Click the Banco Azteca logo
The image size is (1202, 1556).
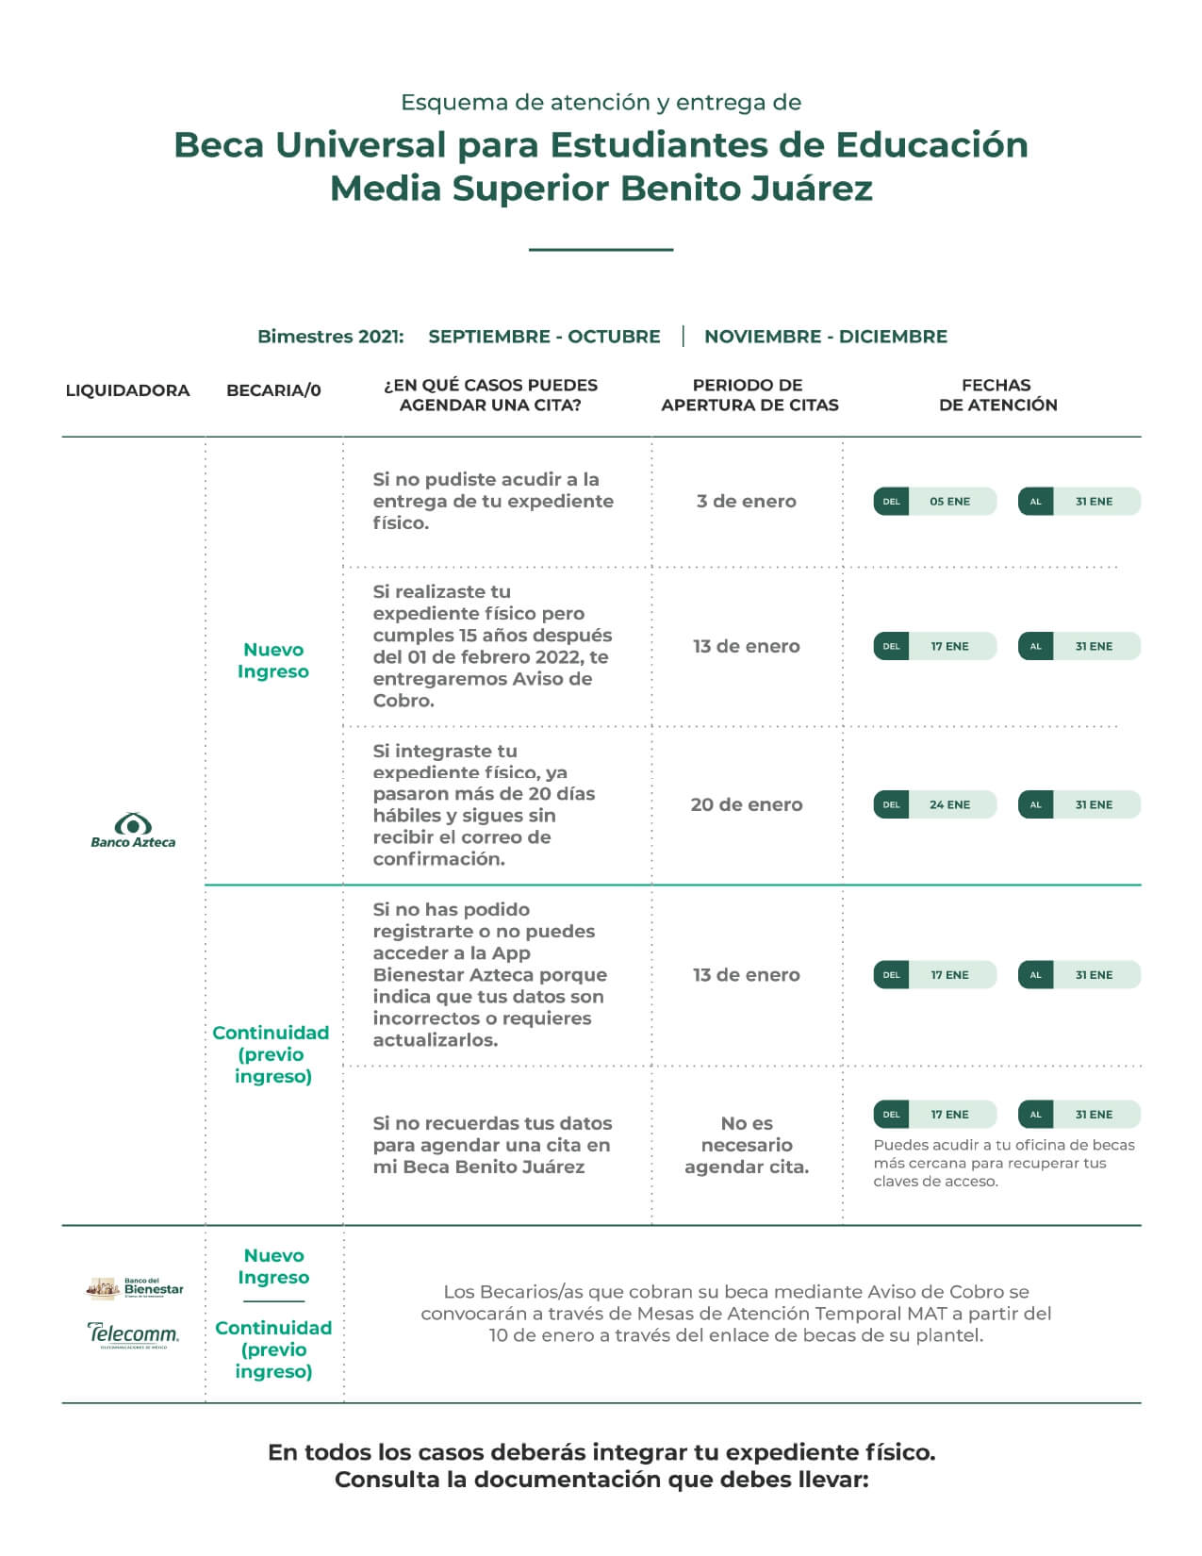point(132,831)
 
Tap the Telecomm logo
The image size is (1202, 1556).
point(132,1335)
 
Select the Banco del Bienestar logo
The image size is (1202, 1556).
point(134,1288)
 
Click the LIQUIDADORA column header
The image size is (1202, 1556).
point(127,390)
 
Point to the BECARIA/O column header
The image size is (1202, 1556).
point(273,390)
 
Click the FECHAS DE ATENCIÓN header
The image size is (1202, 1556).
point(997,394)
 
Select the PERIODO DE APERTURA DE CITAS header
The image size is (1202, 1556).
point(749,394)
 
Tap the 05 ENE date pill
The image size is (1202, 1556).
point(934,502)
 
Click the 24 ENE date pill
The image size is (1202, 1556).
point(934,804)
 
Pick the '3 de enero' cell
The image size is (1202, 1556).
point(746,502)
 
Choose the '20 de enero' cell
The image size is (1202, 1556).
point(746,804)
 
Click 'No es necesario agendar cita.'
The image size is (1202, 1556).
point(746,1145)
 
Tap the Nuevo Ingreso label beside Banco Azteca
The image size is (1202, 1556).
point(272,660)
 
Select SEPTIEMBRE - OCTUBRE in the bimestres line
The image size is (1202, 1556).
point(544,337)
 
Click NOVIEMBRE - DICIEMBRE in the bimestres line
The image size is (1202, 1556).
point(826,337)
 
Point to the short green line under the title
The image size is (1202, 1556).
point(601,249)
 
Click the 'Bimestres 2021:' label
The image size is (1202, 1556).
point(331,337)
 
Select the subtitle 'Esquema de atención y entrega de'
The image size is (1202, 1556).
point(601,103)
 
